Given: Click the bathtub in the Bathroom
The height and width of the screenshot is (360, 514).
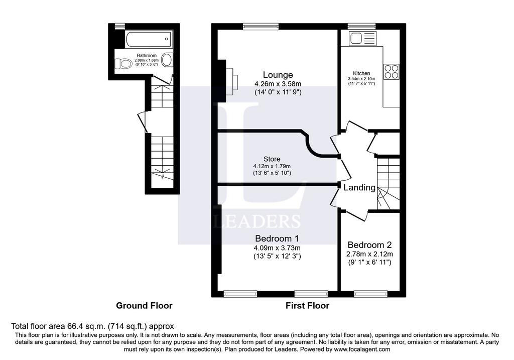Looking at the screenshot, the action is click(x=149, y=39).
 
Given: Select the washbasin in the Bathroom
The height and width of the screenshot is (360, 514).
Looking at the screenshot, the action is click(x=168, y=60).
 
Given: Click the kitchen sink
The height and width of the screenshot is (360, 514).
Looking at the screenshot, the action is click(x=362, y=38).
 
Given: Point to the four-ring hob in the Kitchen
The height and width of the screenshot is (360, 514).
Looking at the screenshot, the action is click(x=392, y=71).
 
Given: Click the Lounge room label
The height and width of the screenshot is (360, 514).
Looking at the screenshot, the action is click(x=278, y=75).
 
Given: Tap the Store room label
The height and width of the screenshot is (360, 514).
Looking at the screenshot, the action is click(x=272, y=159).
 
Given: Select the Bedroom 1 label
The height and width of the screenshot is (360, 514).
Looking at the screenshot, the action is click(x=277, y=238).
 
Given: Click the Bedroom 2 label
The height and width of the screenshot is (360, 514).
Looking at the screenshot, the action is click(x=369, y=245).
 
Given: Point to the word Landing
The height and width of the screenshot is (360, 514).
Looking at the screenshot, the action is click(x=359, y=188).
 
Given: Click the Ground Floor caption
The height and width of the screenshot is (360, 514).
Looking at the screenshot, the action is click(x=144, y=306).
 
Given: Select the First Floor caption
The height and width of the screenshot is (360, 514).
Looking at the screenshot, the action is click(x=307, y=306).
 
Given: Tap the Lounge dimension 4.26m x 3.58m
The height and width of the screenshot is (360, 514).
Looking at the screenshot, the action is click(x=278, y=84).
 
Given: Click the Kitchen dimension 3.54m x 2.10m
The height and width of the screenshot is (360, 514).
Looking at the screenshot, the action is click(x=361, y=79).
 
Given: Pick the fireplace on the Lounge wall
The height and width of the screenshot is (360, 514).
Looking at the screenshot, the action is click(x=229, y=81).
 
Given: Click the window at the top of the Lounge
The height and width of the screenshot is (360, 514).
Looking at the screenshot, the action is click(x=261, y=27).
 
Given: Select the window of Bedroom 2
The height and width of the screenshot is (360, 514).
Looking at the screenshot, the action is click(x=370, y=294).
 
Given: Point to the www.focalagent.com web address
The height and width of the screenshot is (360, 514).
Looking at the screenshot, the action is click(x=362, y=349).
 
